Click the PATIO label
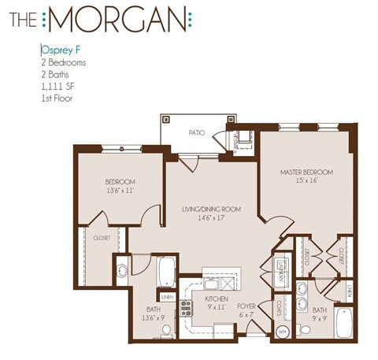197,133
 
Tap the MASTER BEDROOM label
307,172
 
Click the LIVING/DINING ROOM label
210,210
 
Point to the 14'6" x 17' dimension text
209,218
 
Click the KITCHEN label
216,300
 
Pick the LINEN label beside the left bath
167,297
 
